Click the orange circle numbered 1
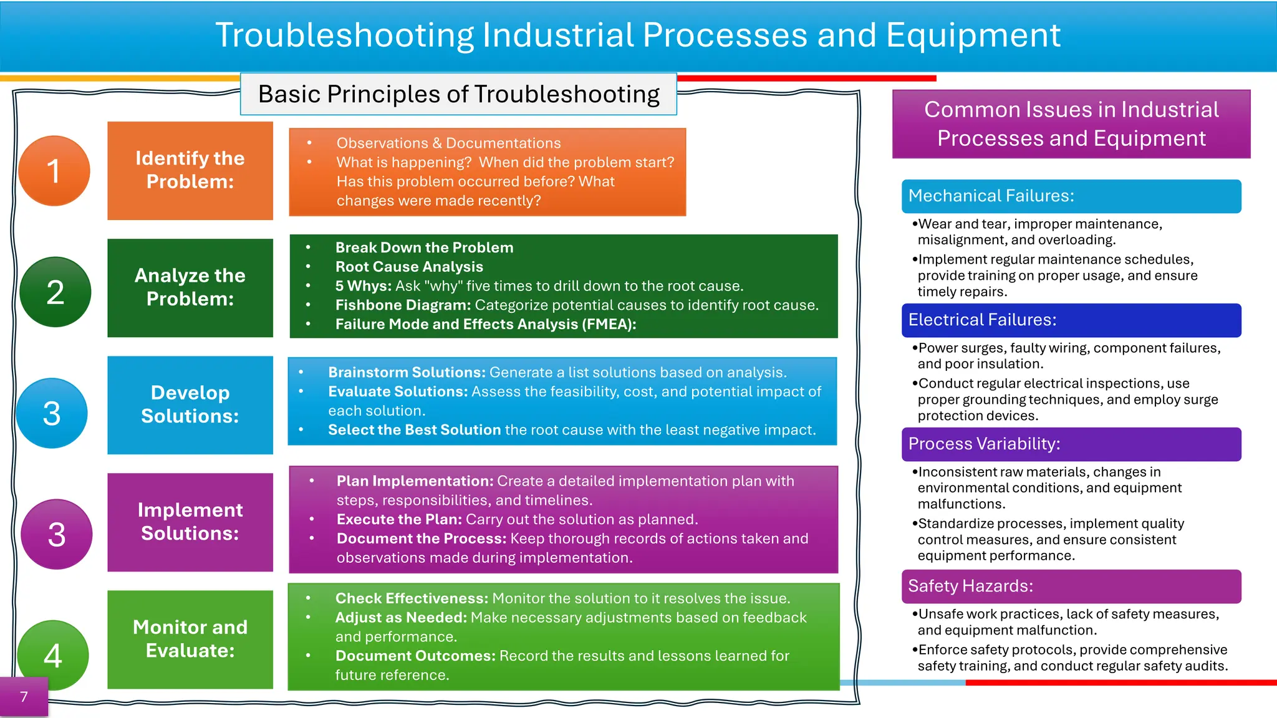54,171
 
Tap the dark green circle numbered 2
55,292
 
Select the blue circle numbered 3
52,413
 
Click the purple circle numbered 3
57,534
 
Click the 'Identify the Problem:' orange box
190,170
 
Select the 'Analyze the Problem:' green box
190,287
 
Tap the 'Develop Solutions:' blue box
190,404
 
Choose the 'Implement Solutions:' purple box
190,522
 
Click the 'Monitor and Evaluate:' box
190,639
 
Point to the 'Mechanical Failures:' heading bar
1071,196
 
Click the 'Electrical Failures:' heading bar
1071,320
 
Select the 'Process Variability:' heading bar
1071,444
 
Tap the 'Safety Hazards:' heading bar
1071,586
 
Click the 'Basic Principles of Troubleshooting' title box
458,94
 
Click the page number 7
24,697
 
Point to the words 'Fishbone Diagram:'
403,305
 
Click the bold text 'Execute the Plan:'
399,520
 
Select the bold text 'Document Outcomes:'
415,656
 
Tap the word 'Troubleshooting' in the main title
344,36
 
